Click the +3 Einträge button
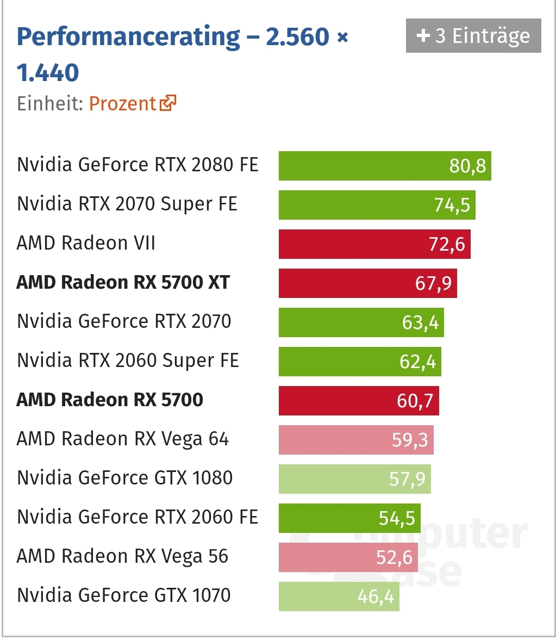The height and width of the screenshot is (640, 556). (x=473, y=36)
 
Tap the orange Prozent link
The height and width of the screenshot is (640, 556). (x=122, y=103)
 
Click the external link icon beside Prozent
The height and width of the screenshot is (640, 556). (x=168, y=103)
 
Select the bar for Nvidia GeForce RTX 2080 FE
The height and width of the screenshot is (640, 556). (x=384, y=166)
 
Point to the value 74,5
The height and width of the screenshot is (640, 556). (x=452, y=205)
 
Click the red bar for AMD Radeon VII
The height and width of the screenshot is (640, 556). (x=374, y=244)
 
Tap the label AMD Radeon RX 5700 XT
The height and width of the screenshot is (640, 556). (x=123, y=283)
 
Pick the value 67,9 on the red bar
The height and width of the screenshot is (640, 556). (x=433, y=283)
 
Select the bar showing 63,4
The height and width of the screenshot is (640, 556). (x=361, y=322)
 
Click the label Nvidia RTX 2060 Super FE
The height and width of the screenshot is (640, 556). (x=128, y=361)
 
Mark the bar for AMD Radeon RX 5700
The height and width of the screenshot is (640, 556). (x=358, y=401)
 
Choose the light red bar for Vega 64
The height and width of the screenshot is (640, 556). (x=355, y=440)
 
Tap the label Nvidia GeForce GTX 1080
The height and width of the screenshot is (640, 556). (x=124, y=478)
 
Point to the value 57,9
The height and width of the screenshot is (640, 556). (x=407, y=479)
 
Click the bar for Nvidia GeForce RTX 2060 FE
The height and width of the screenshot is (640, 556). (x=349, y=518)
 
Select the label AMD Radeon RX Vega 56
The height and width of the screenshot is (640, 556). (x=122, y=556)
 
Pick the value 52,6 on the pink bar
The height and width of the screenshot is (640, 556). (x=394, y=557)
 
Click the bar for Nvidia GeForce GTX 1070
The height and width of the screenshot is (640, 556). (x=339, y=596)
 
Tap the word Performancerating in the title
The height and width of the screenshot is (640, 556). (x=128, y=37)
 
